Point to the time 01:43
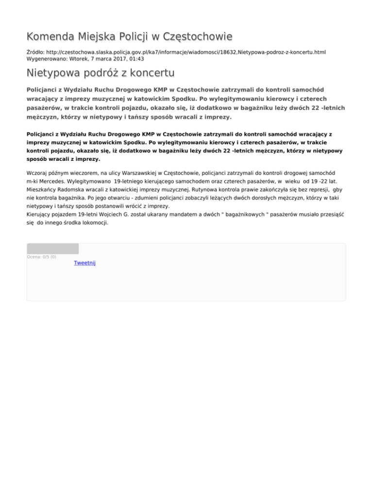pos(136,58)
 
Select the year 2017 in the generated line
pos(115,58)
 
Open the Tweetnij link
pos(85,263)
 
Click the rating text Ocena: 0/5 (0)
pos(41,257)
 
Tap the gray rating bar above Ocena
pos(52,249)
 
